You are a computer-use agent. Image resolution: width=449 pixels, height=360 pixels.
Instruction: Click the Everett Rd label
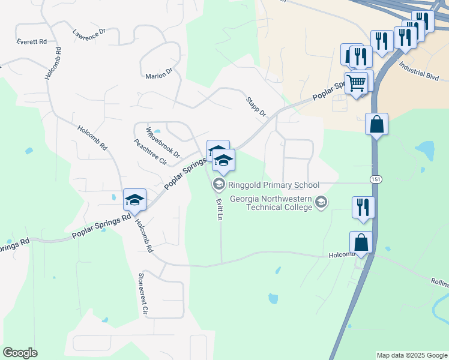[x=32, y=41]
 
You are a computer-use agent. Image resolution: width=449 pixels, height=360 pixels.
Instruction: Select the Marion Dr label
[x=158, y=76]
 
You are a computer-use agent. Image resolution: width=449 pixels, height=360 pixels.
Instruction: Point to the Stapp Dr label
[x=255, y=106]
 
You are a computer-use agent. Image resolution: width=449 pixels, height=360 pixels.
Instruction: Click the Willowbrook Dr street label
[x=163, y=142]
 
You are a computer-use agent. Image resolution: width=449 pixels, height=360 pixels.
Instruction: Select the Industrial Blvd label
[x=418, y=73]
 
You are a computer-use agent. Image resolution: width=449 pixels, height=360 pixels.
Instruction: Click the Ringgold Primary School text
[x=273, y=185]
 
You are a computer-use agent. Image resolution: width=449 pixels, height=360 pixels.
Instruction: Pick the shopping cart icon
[x=356, y=83]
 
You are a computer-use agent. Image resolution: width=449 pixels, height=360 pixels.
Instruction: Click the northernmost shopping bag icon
[x=376, y=124]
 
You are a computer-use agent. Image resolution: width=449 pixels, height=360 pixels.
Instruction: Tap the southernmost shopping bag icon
[x=361, y=242]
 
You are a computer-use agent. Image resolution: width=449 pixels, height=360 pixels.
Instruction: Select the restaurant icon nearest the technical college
[x=363, y=207]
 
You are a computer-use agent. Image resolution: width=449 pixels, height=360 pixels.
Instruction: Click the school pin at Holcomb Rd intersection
[x=134, y=200]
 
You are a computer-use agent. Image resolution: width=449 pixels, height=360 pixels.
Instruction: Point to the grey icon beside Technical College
[x=322, y=202]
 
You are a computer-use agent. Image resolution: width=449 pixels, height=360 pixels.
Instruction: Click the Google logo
[x=20, y=353]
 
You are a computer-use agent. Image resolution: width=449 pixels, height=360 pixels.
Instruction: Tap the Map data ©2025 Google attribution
[x=411, y=355]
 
